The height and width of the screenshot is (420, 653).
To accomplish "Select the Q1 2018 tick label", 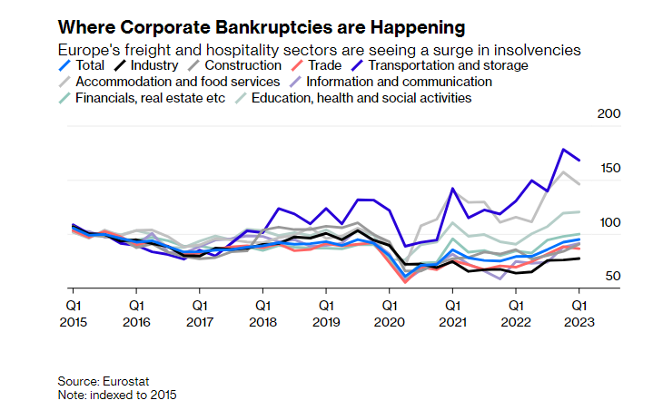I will [262, 313].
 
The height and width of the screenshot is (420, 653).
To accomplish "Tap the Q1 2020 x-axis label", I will [388, 313].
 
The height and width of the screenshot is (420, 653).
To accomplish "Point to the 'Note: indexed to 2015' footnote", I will [117, 396].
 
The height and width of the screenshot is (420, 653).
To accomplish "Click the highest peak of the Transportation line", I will [564, 150].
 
